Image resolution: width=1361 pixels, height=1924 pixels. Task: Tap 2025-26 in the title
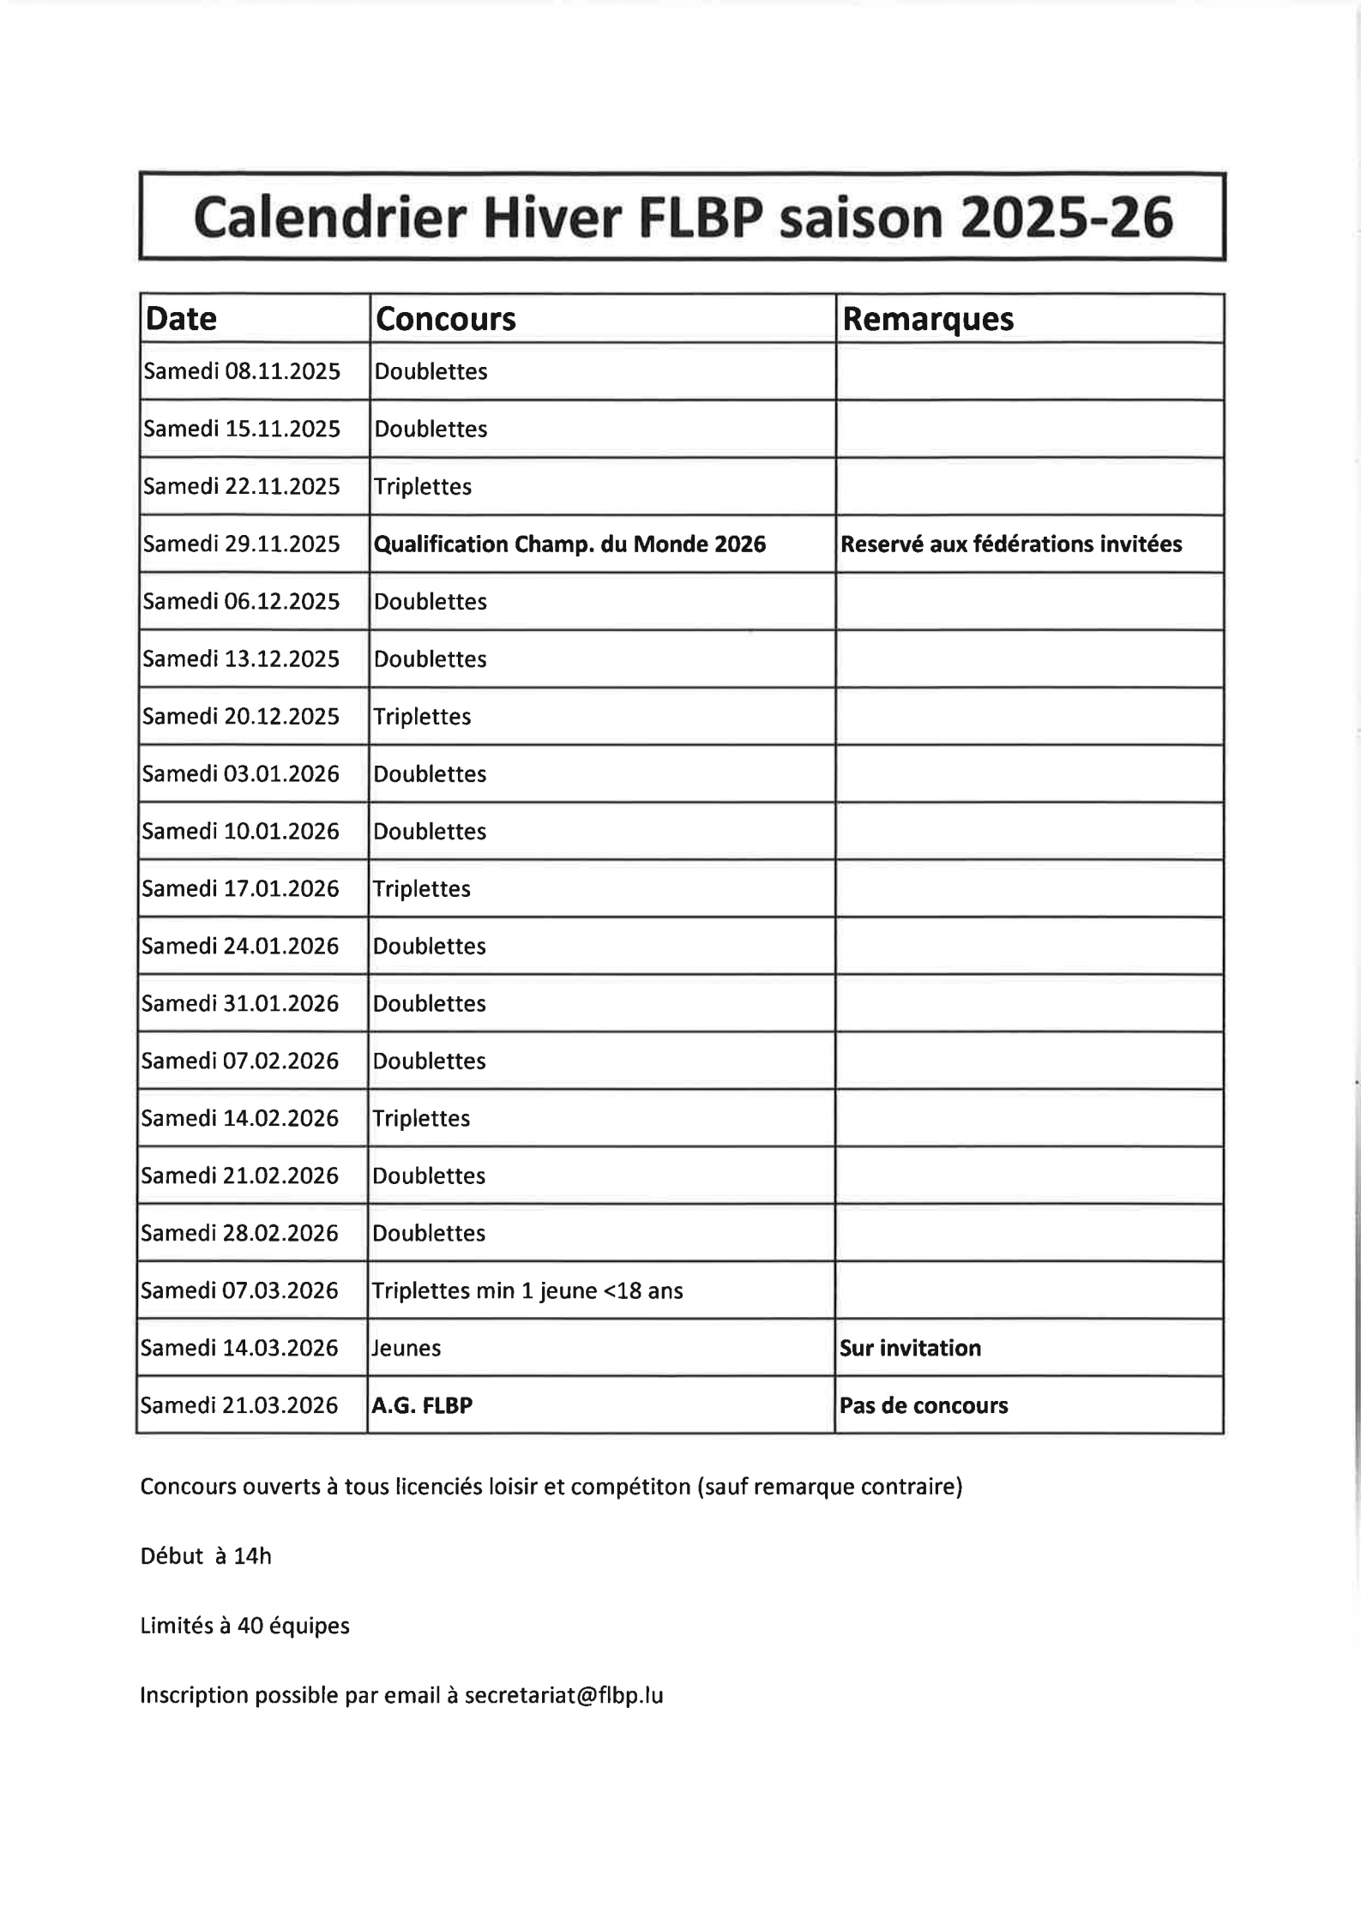[1065, 218]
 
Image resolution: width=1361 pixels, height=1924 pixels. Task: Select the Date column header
[181, 319]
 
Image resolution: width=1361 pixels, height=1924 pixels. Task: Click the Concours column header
[446, 319]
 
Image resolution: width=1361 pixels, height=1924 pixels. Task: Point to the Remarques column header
[928, 319]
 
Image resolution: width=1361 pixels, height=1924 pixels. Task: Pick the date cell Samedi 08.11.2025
[242, 371]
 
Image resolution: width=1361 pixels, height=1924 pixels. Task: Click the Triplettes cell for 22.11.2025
[423, 486]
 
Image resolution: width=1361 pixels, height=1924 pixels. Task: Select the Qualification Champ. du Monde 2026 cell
[569, 544]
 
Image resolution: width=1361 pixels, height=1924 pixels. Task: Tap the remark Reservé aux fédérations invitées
[1011, 544]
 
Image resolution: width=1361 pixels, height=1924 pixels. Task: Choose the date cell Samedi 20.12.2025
[241, 716]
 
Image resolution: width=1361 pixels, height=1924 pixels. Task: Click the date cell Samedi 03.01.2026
[241, 773]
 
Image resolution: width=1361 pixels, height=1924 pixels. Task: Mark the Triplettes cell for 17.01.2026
[422, 888]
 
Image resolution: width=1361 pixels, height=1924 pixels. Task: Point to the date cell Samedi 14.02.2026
[240, 1118]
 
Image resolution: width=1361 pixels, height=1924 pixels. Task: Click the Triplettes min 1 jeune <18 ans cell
[527, 1290]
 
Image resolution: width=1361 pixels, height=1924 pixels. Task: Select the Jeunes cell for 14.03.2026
[406, 1348]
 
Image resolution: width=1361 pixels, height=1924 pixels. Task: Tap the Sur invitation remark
[910, 1348]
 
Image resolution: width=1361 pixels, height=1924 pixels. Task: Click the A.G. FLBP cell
[422, 1405]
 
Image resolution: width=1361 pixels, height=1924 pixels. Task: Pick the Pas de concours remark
[924, 1405]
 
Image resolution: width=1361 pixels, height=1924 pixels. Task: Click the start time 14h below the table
[252, 1556]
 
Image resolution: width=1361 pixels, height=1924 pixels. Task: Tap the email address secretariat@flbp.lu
[563, 1695]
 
